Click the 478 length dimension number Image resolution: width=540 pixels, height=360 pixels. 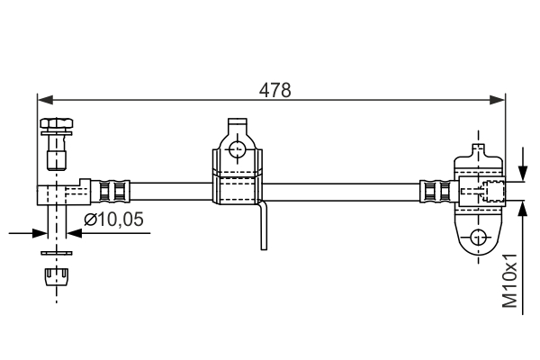pyautogui.click(x=274, y=90)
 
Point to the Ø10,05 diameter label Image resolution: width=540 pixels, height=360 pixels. pyautogui.click(x=113, y=219)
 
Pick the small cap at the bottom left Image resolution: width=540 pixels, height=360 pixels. pyautogui.click(x=56, y=275)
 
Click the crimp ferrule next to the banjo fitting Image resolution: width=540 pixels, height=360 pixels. pyautogui.click(x=115, y=191)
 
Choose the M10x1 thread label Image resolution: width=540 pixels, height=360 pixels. pyautogui.click(x=510, y=283)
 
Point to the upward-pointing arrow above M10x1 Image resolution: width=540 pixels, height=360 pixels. pyautogui.click(x=525, y=211)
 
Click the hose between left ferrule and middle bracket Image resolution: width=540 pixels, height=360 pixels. pyautogui.click(x=171, y=191)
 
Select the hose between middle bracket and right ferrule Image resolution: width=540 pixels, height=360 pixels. pyautogui.click(x=342, y=191)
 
